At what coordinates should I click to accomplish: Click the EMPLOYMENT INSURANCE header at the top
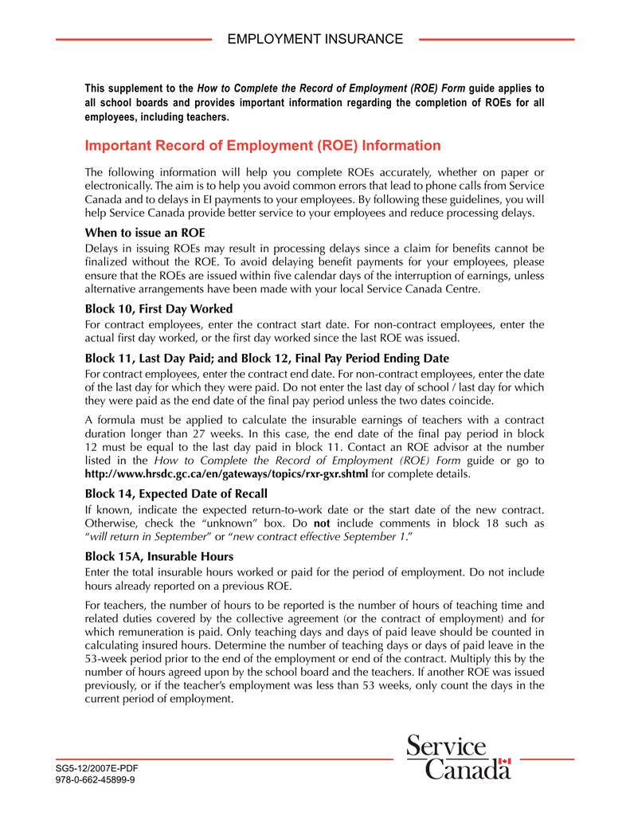[x=315, y=39]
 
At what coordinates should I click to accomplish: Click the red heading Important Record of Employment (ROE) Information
[x=262, y=146]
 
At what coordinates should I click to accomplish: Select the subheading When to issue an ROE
[x=145, y=233]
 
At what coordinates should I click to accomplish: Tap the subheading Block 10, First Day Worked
[x=158, y=308]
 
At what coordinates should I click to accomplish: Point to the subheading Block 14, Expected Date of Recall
[x=176, y=493]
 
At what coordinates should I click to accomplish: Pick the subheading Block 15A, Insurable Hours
[x=159, y=556]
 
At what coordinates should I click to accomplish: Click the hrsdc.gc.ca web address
[x=226, y=474]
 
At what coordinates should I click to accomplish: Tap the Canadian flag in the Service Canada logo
[x=503, y=762]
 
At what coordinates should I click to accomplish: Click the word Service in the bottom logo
[x=446, y=747]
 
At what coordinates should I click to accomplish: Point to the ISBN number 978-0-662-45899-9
[x=94, y=780]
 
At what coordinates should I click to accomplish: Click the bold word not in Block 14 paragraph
[x=322, y=524]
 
